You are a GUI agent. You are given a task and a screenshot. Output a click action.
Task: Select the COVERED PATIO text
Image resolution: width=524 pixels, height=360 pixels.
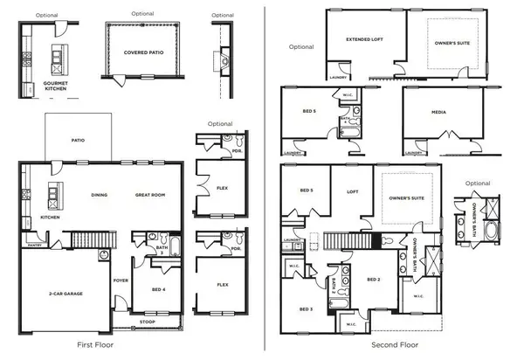pyautogui.click(x=141, y=52)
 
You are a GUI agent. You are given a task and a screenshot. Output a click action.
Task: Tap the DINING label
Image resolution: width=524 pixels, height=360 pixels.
pyautogui.click(x=97, y=195)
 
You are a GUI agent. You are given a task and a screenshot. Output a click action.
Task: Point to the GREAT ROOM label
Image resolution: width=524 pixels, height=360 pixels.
pyautogui.click(x=150, y=195)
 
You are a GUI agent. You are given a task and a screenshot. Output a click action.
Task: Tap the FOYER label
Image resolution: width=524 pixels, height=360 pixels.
pyautogui.click(x=121, y=280)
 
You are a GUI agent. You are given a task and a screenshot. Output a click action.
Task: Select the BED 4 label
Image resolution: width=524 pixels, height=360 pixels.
pyautogui.click(x=159, y=288)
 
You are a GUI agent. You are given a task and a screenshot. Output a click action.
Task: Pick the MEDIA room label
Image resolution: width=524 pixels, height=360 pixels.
pyautogui.click(x=440, y=112)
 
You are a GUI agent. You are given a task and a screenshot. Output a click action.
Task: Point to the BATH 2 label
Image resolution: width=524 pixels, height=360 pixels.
pyautogui.click(x=334, y=282)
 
